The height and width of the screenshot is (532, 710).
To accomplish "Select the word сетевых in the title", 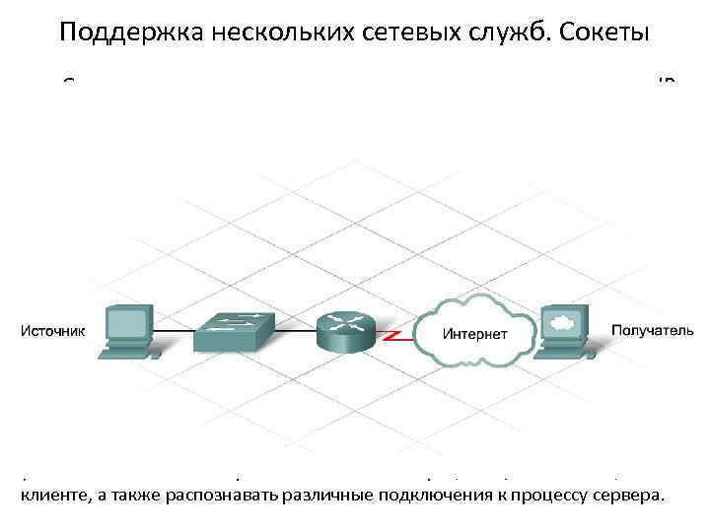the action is [396, 33].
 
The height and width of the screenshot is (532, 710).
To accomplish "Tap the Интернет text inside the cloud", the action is [475, 334].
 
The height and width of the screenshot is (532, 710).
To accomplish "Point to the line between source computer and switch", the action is [174, 331].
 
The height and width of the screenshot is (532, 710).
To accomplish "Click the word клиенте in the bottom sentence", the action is [50, 495].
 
